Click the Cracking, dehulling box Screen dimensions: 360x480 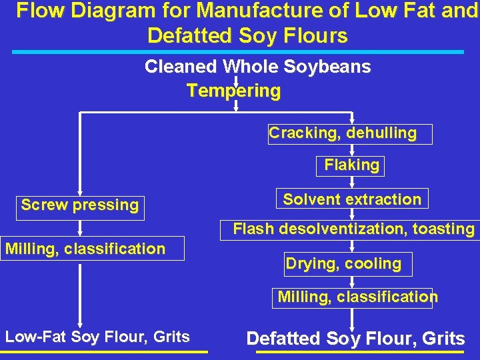350,134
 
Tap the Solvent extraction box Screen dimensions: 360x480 351,199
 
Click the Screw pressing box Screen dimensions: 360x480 79,205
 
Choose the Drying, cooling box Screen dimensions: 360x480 346,264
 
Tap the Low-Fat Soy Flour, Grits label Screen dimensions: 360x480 97,337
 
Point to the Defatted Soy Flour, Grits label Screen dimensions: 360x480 355,339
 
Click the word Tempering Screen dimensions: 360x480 233,91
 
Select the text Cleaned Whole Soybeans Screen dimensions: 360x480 257,67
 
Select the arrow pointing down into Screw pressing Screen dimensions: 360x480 80,189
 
